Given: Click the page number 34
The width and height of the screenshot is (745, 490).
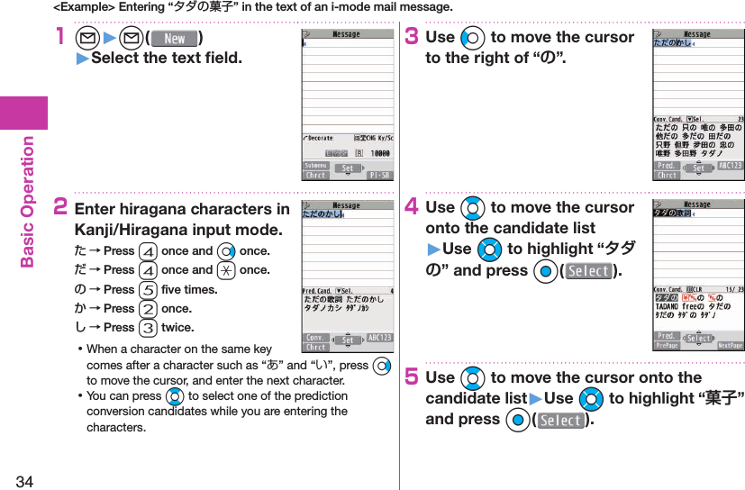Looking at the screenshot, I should point(24,480).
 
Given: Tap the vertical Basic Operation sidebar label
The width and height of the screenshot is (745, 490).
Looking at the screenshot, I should point(27,202).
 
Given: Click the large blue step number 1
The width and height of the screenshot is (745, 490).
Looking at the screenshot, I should point(61,38).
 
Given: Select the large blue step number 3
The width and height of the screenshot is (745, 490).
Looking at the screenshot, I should point(412,38).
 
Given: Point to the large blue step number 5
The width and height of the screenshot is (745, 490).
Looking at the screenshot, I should point(412,377).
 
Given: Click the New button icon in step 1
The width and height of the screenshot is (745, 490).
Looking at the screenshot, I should point(175,39).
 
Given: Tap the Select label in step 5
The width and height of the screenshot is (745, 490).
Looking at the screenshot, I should point(561,420).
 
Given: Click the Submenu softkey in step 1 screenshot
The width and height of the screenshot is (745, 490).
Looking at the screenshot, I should point(315,167).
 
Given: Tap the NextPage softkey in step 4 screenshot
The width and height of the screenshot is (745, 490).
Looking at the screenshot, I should point(730,346).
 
